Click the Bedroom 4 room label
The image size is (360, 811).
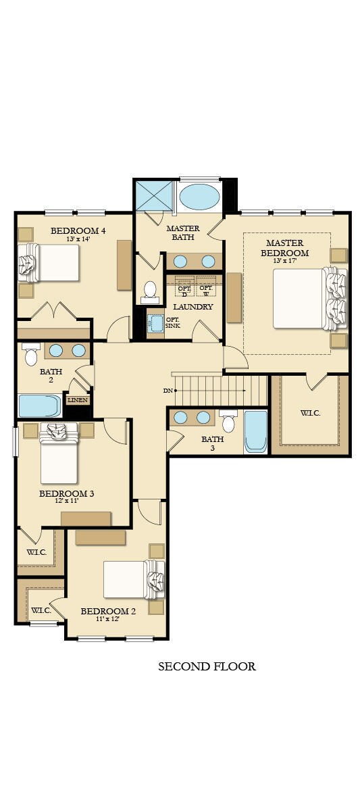pos(78,230)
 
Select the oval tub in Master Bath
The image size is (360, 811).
pos(199,197)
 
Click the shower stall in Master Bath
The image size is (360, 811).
pos(155,195)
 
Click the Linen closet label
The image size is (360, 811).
pos(77,400)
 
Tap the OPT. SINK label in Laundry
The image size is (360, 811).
pos(172,322)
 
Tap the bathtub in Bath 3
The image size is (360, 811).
pos(256,431)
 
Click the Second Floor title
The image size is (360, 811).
pos(207,667)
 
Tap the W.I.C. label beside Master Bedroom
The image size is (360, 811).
pos(310,412)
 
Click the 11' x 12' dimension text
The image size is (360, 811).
pos(108,618)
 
